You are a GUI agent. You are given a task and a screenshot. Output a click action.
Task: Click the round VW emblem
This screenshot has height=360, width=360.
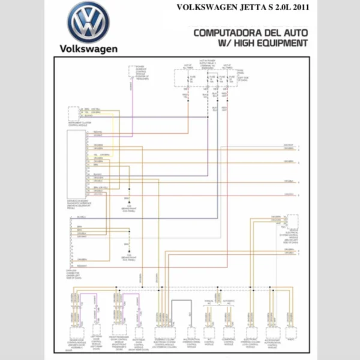pyautogui.click(x=88, y=22)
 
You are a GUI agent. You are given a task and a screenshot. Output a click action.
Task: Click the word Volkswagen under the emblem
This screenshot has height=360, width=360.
pyautogui.click(x=88, y=49)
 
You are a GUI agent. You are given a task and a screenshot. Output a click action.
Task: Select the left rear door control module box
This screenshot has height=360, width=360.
pyautogui.click(x=96, y=331)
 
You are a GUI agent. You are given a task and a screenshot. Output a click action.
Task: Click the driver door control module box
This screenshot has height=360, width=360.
pyautogui.click(x=76, y=331)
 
